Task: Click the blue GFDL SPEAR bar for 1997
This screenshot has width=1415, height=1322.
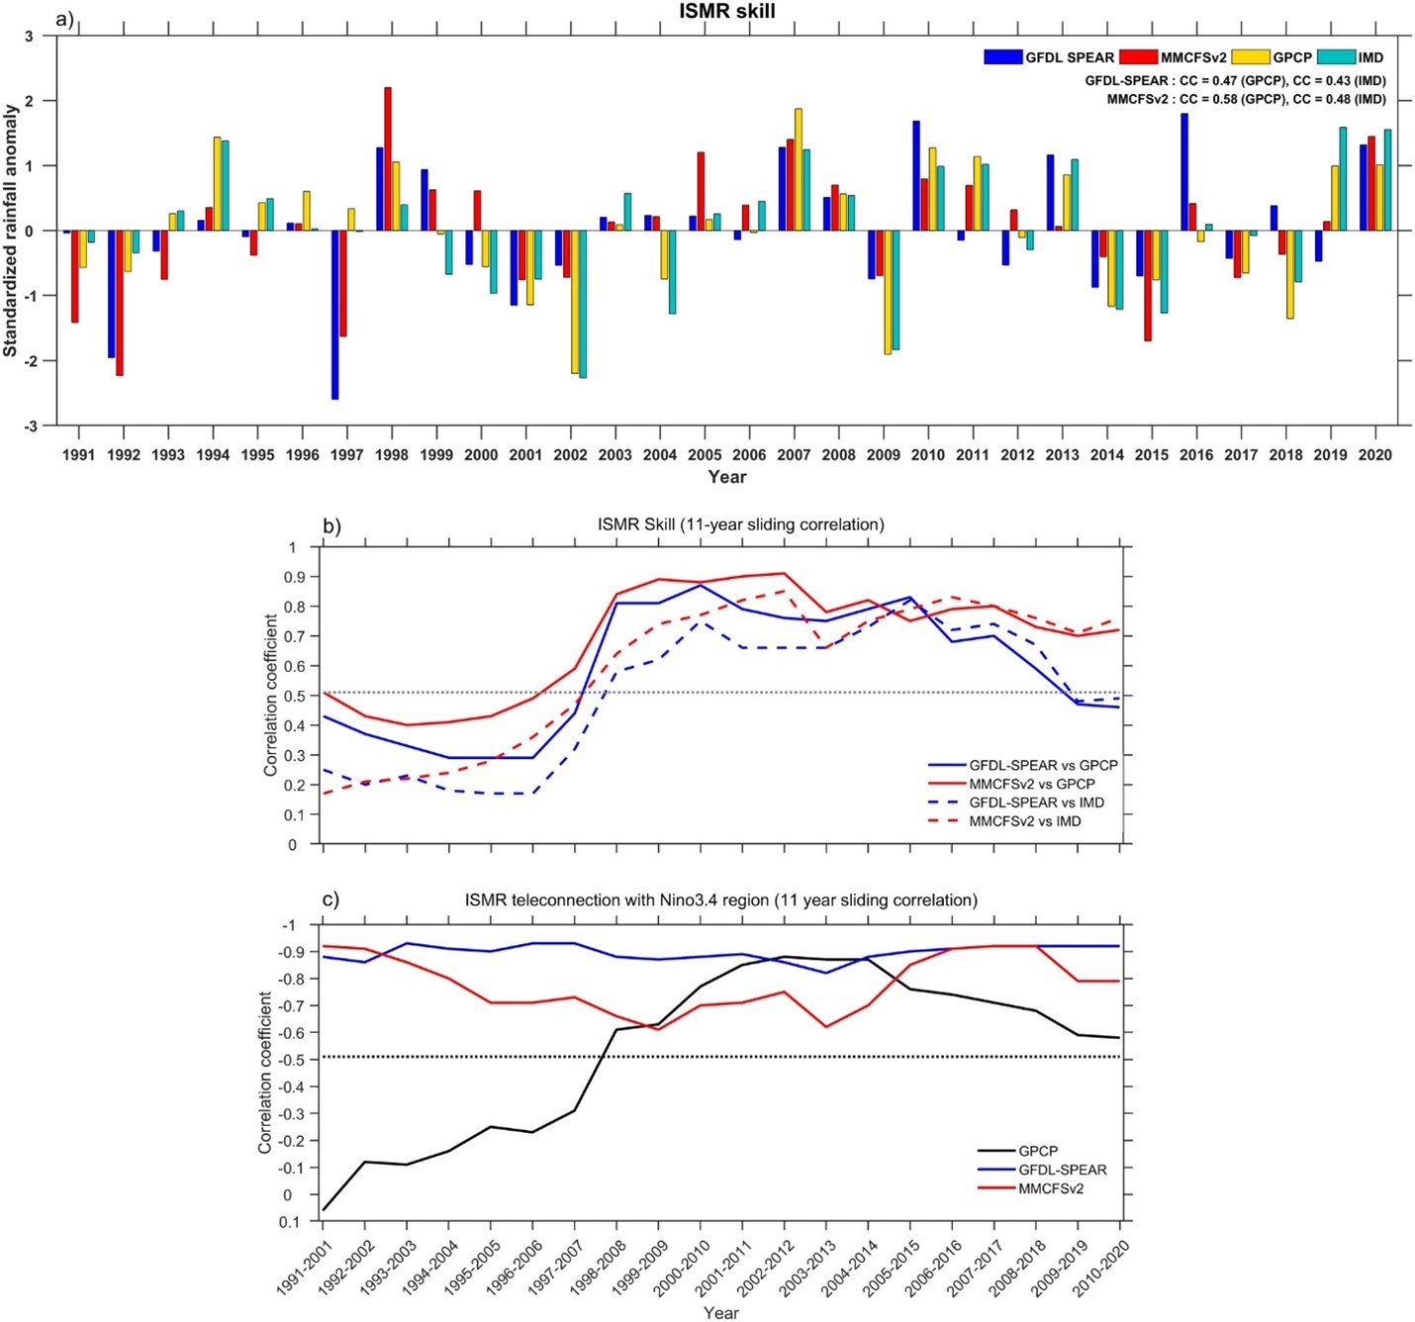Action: (x=335, y=315)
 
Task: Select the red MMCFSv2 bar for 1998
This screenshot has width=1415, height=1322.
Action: (x=388, y=159)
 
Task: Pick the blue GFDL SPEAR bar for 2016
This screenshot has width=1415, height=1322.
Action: (x=1184, y=172)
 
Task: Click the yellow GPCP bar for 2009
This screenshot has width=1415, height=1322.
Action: (x=888, y=292)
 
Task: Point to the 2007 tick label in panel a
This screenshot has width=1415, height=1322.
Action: (x=794, y=455)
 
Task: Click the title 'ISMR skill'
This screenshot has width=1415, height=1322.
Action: (x=726, y=12)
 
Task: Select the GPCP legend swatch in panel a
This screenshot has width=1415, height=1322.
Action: (x=1251, y=57)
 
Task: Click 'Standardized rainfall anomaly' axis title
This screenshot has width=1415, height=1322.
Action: (x=11, y=231)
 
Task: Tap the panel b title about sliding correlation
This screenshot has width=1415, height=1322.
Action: (x=740, y=524)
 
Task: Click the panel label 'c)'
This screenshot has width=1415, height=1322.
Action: (x=330, y=899)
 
